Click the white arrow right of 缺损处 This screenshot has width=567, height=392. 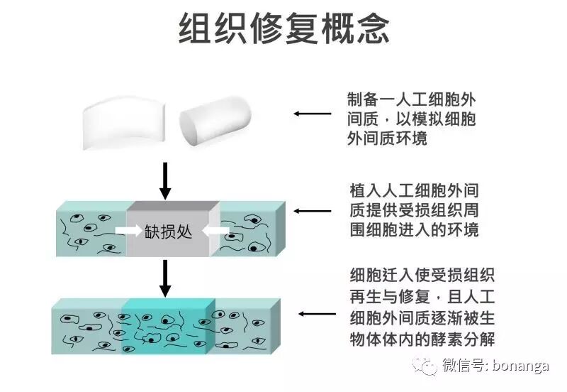210,232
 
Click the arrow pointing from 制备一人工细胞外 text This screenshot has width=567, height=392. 313,114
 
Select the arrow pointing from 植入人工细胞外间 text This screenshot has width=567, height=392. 313,211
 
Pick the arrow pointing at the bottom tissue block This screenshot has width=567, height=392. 317,313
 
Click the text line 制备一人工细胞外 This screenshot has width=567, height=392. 410,99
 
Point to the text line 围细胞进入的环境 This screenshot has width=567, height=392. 415,230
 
